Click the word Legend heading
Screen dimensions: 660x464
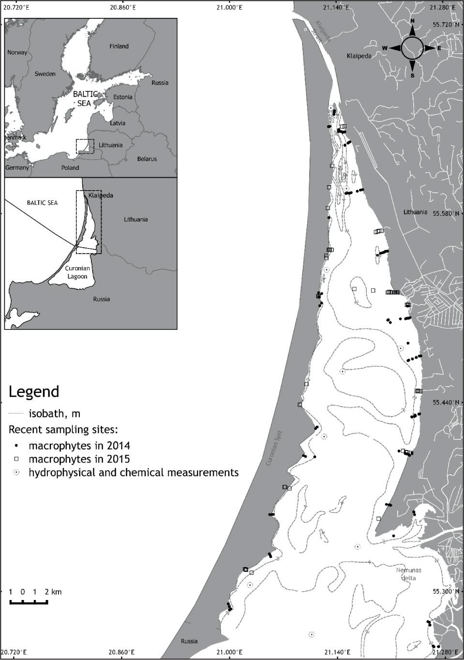coord(34,391)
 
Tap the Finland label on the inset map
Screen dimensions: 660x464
coord(119,46)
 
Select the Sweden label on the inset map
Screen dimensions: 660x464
coord(45,74)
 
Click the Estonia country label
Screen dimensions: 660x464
coord(123,97)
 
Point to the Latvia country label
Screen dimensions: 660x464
coord(118,123)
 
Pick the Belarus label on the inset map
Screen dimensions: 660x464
coord(147,159)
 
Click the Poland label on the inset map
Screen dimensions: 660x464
coord(70,168)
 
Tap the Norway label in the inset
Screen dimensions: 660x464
coord(17,52)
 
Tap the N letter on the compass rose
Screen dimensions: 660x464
coord(412,21)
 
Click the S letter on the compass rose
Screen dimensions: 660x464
coord(412,75)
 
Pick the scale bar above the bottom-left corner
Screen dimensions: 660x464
coord(29,602)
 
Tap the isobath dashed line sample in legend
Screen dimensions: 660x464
coord(16,414)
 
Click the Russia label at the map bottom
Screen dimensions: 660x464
coord(189,641)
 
